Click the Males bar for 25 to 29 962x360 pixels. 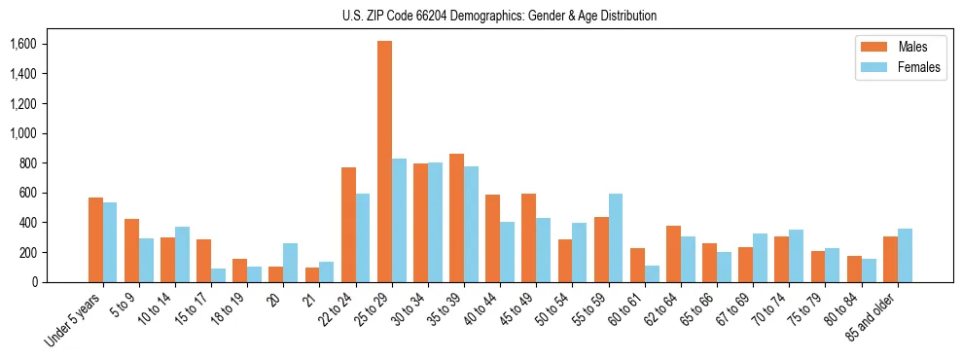(384, 162)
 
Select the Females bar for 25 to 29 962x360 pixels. (399, 220)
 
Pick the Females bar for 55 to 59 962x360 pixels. (616, 237)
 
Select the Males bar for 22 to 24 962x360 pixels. (348, 225)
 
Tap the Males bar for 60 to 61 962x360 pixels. (637, 265)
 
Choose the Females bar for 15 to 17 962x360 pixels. (219, 275)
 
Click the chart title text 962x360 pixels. (499, 16)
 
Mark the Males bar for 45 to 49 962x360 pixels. (528, 238)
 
